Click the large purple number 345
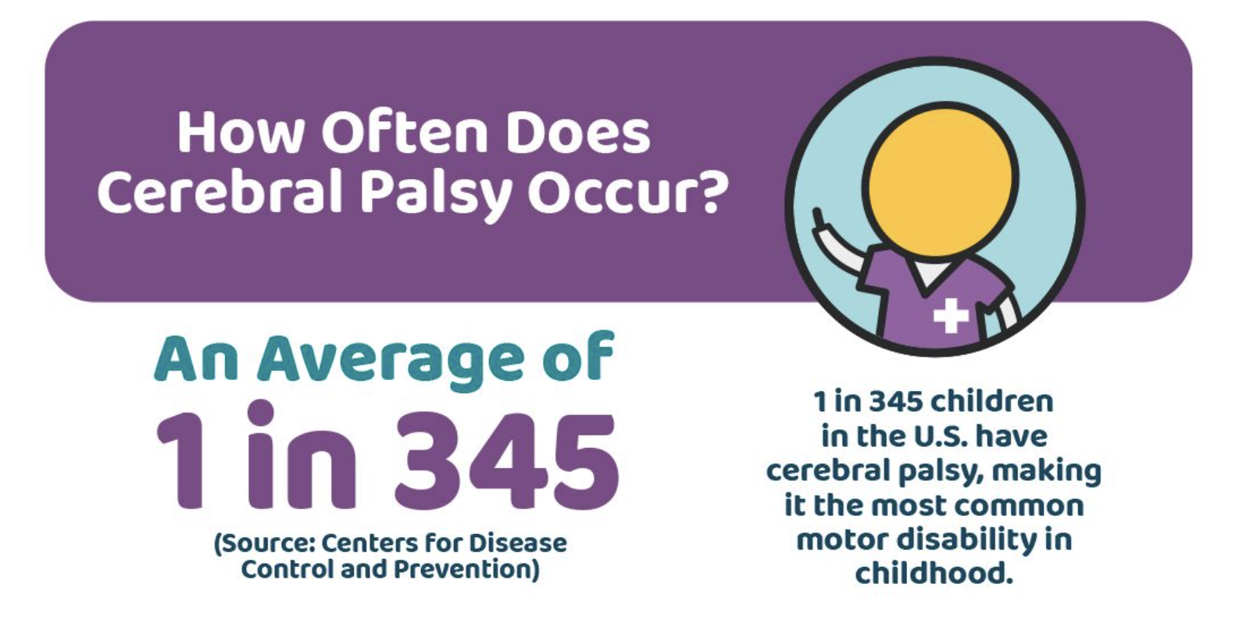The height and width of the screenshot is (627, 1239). point(507,460)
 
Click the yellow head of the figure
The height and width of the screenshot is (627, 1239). point(941,179)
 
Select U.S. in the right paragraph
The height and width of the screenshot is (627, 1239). point(940,436)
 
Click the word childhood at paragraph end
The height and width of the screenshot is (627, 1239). point(934,573)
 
